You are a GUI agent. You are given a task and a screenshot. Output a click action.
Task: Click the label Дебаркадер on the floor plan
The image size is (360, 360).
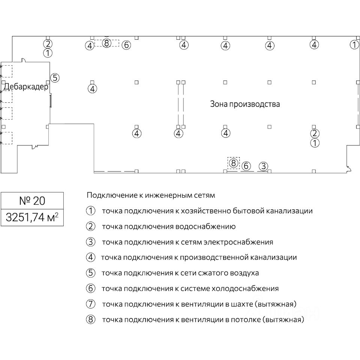tap(26, 87)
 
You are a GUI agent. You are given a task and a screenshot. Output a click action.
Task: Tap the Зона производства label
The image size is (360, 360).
tap(245, 104)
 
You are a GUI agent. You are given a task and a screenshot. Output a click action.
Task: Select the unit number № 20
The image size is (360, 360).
tap(32, 201)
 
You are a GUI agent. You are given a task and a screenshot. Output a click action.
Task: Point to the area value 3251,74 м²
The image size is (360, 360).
tap(32, 217)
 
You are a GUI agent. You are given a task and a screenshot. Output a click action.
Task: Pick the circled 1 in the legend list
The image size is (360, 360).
tap(91, 211)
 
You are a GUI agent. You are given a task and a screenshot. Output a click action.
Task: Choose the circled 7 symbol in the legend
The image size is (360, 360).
tap(91, 304)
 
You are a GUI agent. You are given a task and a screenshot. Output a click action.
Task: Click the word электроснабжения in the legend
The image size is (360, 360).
tap(238, 242)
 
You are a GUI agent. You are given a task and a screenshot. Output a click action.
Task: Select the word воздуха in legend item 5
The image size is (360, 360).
tap(245, 273)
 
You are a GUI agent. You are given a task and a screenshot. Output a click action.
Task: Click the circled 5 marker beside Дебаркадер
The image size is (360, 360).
tap(55, 78)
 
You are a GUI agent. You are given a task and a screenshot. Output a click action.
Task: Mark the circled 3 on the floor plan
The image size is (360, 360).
tap(264, 166)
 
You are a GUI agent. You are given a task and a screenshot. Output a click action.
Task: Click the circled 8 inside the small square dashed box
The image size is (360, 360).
tap(234, 163)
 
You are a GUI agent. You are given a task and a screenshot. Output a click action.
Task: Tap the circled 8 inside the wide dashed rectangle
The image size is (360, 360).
tap(106, 43)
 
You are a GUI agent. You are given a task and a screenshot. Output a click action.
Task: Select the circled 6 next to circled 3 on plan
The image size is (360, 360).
tap(246, 166)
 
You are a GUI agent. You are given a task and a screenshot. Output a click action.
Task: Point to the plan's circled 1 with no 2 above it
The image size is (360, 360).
tap(354, 45)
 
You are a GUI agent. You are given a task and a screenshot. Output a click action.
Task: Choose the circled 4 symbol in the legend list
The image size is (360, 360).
tap(91, 258)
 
